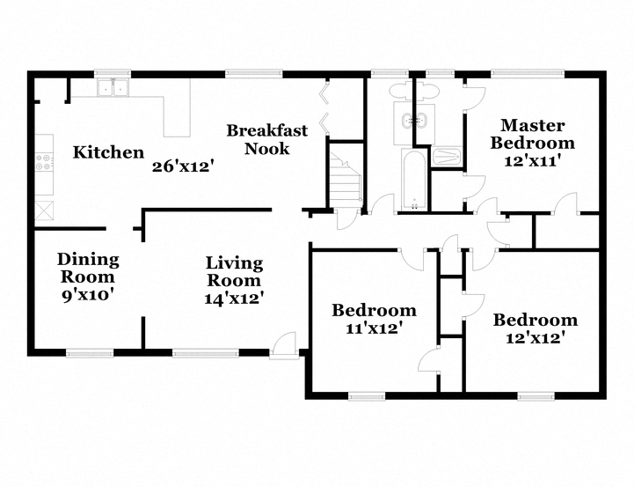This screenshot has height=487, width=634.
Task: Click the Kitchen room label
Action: coord(108,152)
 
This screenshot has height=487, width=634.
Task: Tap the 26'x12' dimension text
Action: coord(182,166)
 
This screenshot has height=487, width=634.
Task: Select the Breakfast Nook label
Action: coord(266,140)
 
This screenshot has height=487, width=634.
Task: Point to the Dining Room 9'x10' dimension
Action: coord(86,296)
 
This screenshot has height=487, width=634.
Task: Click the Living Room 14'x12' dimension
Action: coord(234,299)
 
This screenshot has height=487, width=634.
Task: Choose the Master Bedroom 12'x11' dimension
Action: coord(533,161)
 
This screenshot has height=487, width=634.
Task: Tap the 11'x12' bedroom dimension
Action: coord(375,328)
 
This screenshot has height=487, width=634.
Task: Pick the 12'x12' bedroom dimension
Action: coord(535,337)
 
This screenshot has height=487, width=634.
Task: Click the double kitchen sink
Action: coord(113,87)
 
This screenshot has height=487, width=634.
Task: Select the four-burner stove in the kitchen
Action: coord(44,161)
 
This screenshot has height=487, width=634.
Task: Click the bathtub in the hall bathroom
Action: coord(414,180)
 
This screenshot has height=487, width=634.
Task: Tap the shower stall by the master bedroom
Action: coord(445,157)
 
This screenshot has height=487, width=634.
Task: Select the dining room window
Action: coord(90,353)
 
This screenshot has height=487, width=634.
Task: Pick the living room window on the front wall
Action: coord(206,353)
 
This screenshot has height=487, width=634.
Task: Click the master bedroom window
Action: coord(528,74)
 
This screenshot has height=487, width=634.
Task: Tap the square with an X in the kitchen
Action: coord(44,210)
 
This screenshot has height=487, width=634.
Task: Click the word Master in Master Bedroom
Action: coord(533,126)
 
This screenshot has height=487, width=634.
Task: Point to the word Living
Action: coord(234,263)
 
